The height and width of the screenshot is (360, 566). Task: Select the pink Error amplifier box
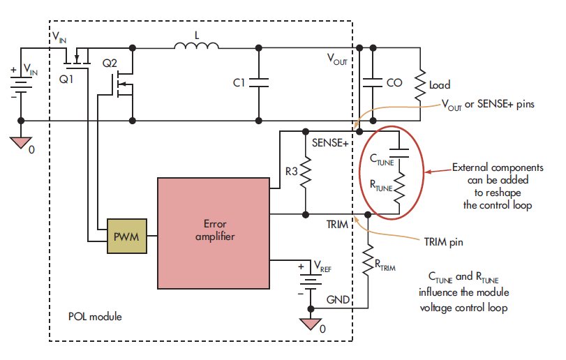213,232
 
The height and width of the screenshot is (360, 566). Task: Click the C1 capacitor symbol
259,83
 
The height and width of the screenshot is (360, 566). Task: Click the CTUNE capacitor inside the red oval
399,149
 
